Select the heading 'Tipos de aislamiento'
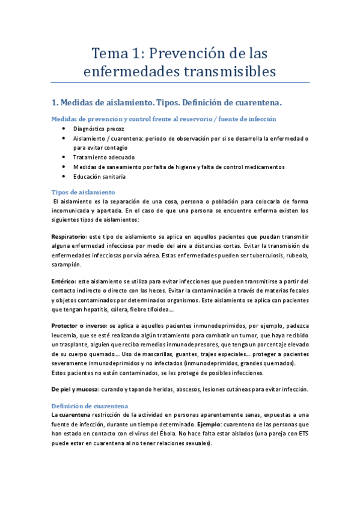click(x=82, y=192)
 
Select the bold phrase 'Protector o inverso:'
click(x=80, y=325)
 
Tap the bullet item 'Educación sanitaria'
click(x=100, y=176)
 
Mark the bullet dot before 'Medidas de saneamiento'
click(x=64, y=167)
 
